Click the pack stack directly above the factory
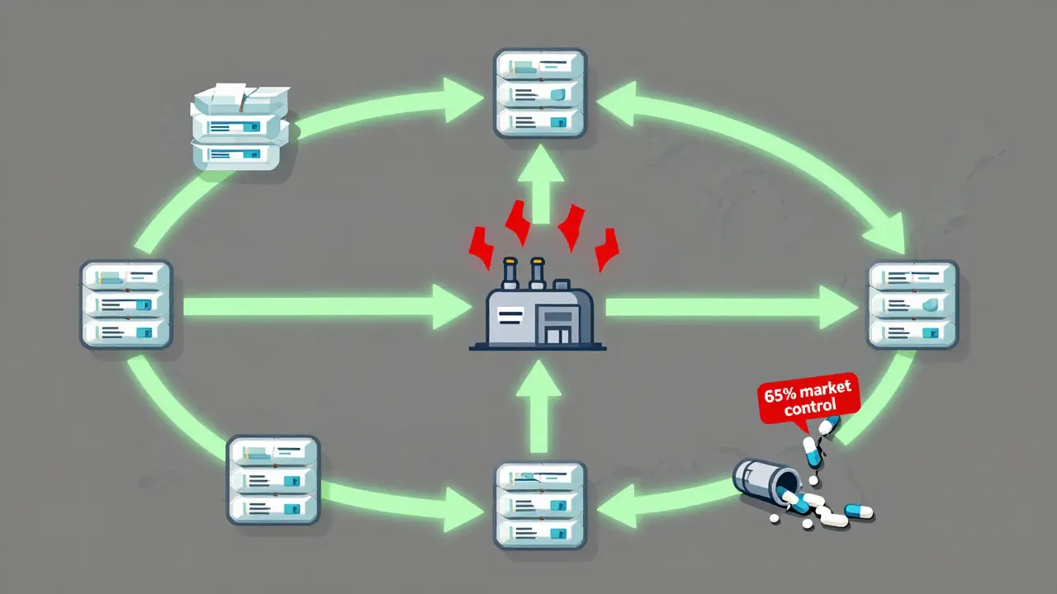click(x=540, y=92)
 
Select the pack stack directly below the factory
click(x=540, y=505)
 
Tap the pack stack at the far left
click(x=126, y=304)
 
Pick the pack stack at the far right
click(x=912, y=304)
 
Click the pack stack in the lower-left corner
click(x=273, y=479)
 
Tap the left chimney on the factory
click(x=510, y=272)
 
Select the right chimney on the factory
click(x=538, y=272)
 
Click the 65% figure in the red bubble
click(x=781, y=394)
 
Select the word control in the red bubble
click(x=810, y=406)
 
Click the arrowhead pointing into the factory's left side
click(x=446, y=307)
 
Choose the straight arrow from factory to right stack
click(x=727, y=307)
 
